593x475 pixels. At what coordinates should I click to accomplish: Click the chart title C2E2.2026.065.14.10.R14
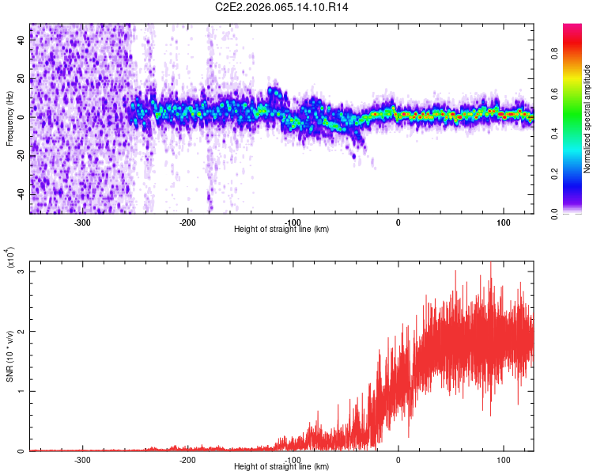tap(281, 7)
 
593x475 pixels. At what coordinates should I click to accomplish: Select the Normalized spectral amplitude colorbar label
tap(587, 119)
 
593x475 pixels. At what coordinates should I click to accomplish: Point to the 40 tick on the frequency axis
tap(22, 40)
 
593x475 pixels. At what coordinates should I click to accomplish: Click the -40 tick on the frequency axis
tap(21, 194)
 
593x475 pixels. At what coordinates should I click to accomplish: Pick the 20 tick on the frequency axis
tap(22, 79)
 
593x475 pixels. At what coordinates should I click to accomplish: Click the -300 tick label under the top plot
tap(82, 222)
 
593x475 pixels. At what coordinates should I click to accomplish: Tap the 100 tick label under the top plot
tap(503, 222)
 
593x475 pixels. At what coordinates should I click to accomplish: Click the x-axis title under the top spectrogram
tap(281, 230)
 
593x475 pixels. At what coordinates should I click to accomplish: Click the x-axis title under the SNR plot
tap(281, 467)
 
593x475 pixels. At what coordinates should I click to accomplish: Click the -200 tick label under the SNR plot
tap(187, 460)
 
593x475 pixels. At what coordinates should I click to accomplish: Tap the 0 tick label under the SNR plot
tap(398, 460)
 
